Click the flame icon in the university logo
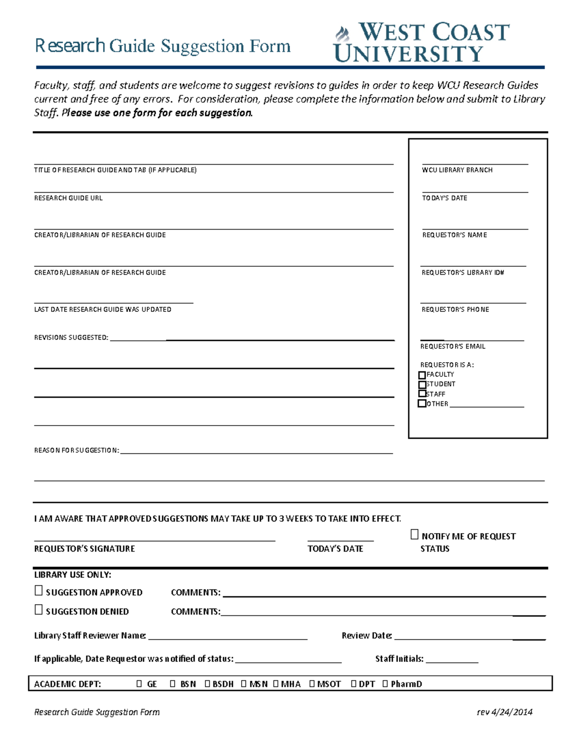(x=343, y=34)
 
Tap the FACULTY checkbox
(x=422, y=375)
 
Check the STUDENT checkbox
(x=422, y=384)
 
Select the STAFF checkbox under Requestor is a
(x=422, y=394)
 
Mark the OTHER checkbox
(x=422, y=403)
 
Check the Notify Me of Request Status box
(x=414, y=535)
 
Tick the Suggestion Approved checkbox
(x=39, y=591)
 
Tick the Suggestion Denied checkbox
(x=39, y=610)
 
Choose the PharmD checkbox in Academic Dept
(x=385, y=684)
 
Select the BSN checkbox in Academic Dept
(x=173, y=684)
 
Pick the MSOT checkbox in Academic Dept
(x=312, y=684)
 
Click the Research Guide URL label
(x=68, y=198)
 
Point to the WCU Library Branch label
(x=457, y=170)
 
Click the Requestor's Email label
(x=453, y=346)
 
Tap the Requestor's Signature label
(x=84, y=549)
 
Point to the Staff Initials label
(x=399, y=659)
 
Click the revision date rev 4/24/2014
(x=505, y=712)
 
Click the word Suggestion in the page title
(x=202, y=46)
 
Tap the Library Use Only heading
(x=73, y=575)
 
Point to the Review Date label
(x=367, y=635)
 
